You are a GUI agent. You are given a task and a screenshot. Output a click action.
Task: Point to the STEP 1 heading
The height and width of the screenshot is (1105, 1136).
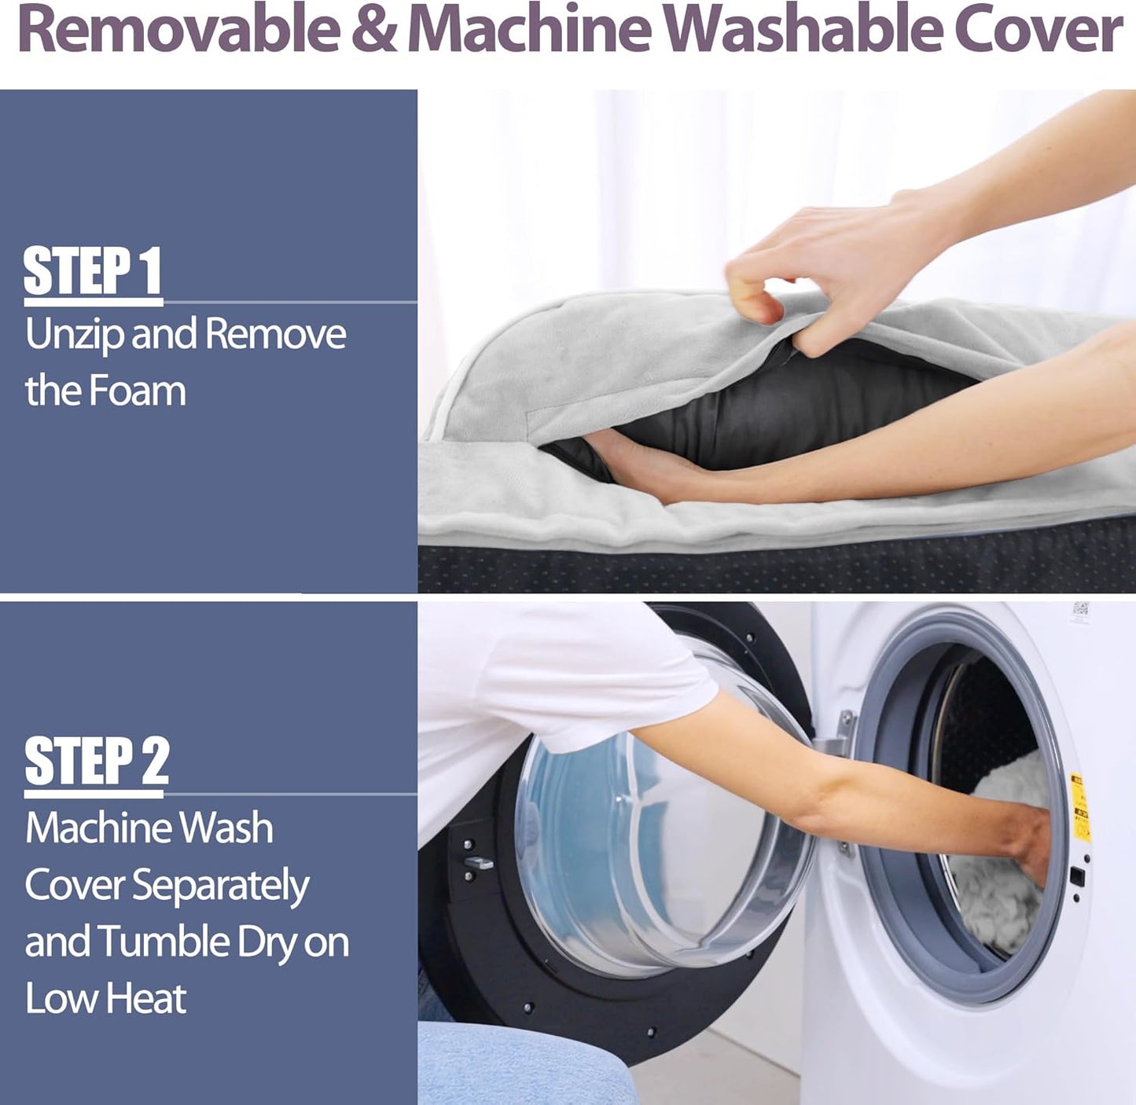pyautogui.click(x=93, y=271)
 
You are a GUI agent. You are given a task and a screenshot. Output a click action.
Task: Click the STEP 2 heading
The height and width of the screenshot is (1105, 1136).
pyautogui.click(x=97, y=762)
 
